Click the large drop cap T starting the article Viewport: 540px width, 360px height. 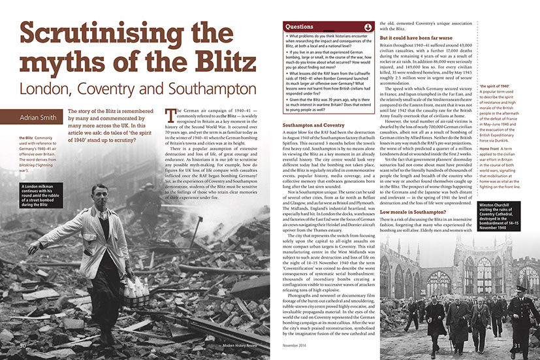(x=171, y=117)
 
